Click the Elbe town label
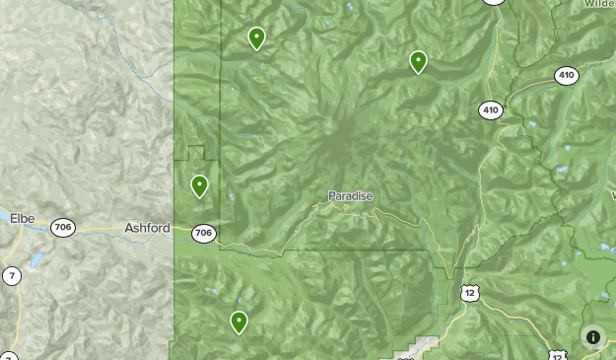point(23,218)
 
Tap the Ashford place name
point(147,228)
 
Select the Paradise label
point(351,196)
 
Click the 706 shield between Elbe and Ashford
point(63,227)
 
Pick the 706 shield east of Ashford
point(203,234)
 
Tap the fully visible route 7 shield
point(11,275)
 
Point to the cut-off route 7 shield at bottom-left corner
point(8,356)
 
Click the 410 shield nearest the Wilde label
point(566,75)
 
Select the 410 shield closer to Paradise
point(491,109)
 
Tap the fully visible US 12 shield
point(469,293)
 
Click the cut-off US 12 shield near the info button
point(558,355)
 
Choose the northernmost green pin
point(256,38)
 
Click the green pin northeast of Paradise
point(419,62)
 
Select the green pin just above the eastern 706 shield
point(199,185)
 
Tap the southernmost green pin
point(239,322)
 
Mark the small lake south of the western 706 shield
point(37,261)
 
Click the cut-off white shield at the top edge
point(494,2)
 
